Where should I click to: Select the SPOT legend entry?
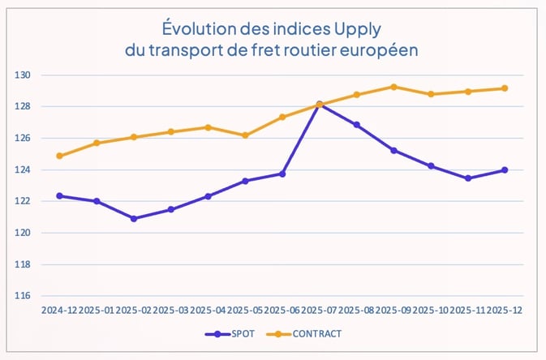tap(238, 333)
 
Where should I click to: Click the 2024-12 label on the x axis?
tap(59, 311)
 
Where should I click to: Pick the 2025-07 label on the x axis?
tap(319, 311)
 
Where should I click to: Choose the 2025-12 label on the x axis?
tap(504, 311)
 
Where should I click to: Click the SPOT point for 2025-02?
tap(134, 219)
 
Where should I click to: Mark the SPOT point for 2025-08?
tap(356, 125)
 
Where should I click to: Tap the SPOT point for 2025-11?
tap(467, 178)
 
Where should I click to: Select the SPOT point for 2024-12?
tap(59, 195)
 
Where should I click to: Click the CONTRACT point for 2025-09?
tap(393, 87)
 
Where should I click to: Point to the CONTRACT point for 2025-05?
tap(245, 135)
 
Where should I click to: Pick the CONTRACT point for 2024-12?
tap(59, 156)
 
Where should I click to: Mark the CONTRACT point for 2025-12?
tap(504, 88)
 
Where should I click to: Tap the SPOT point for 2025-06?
tap(282, 174)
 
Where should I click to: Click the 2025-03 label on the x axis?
tap(170, 311)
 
